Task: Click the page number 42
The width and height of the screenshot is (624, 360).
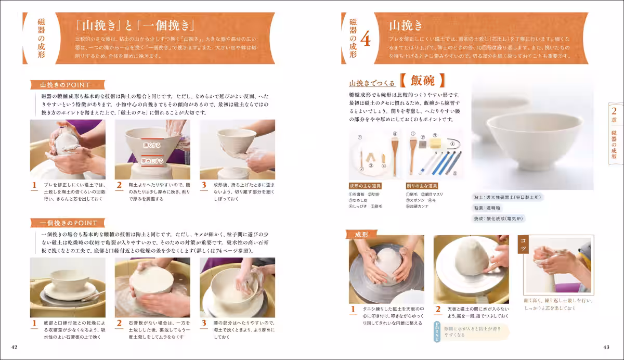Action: click(x=15, y=348)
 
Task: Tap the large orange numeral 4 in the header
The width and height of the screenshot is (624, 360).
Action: click(x=366, y=40)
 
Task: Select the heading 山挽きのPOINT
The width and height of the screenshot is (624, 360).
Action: click(x=66, y=85)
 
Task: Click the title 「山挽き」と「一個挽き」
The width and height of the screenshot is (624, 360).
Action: click(x=135, y=25)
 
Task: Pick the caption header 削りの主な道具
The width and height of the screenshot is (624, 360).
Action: click(x=422, y=186)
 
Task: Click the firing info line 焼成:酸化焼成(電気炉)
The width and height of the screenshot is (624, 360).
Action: click(x=498, y=219)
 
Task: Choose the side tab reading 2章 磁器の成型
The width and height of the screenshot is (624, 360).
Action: click(x=614, y=133)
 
